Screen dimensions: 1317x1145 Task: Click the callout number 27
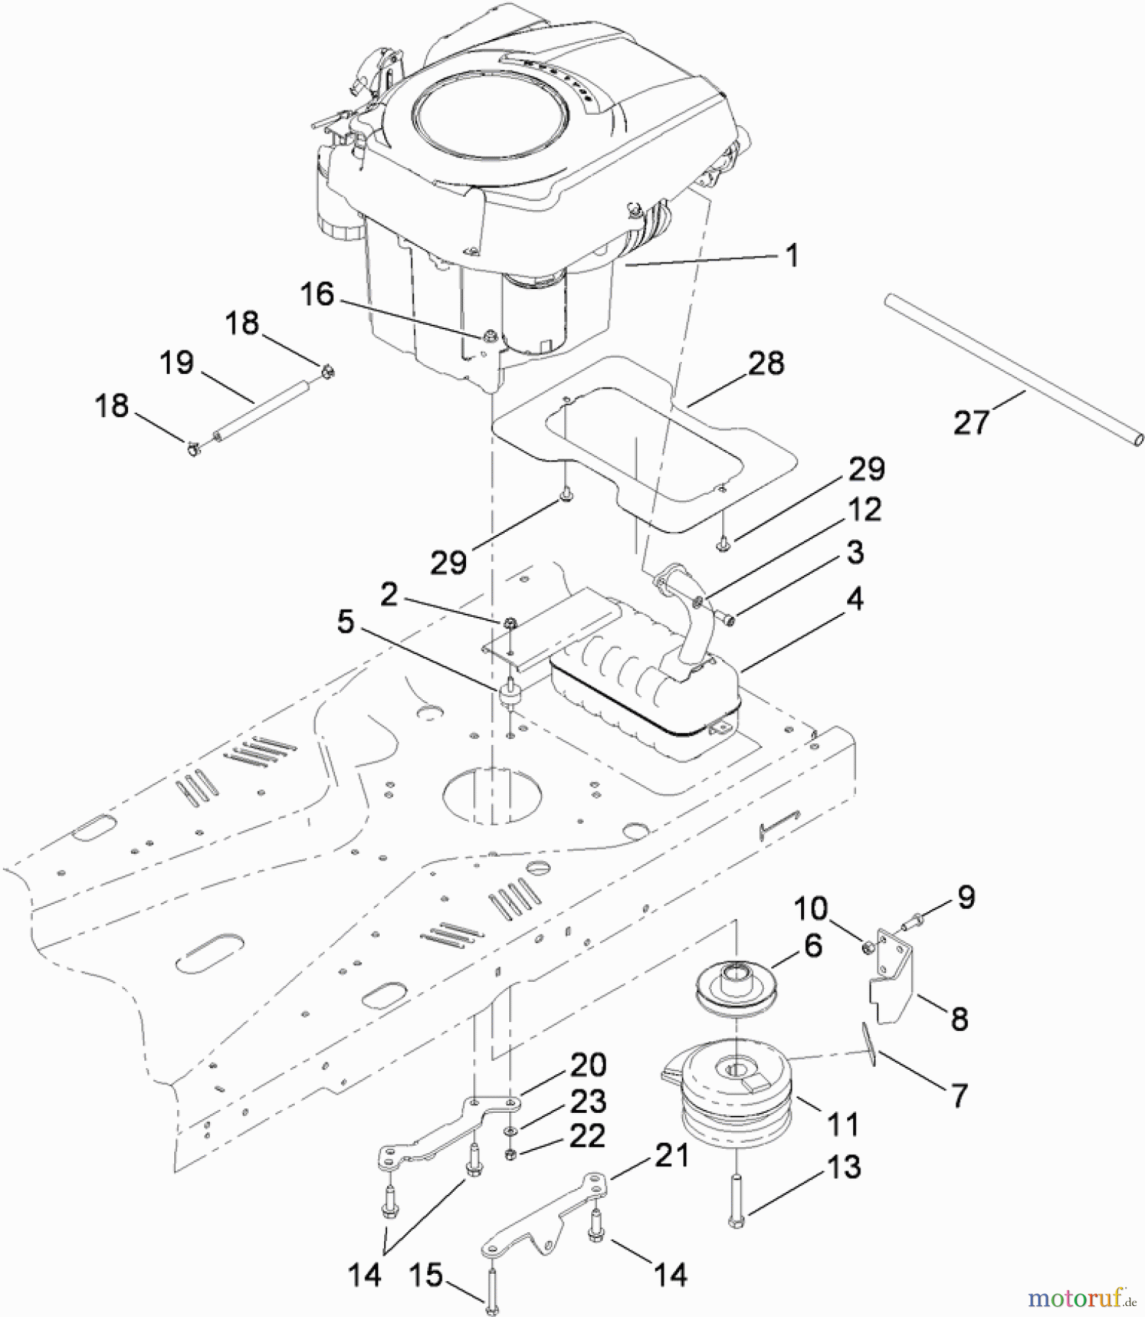tap(971, 422)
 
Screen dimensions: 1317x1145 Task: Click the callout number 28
tap(766, 364)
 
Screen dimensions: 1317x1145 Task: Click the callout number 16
tap(317, 294)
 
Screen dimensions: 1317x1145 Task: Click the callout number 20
tap(587, 1065)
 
